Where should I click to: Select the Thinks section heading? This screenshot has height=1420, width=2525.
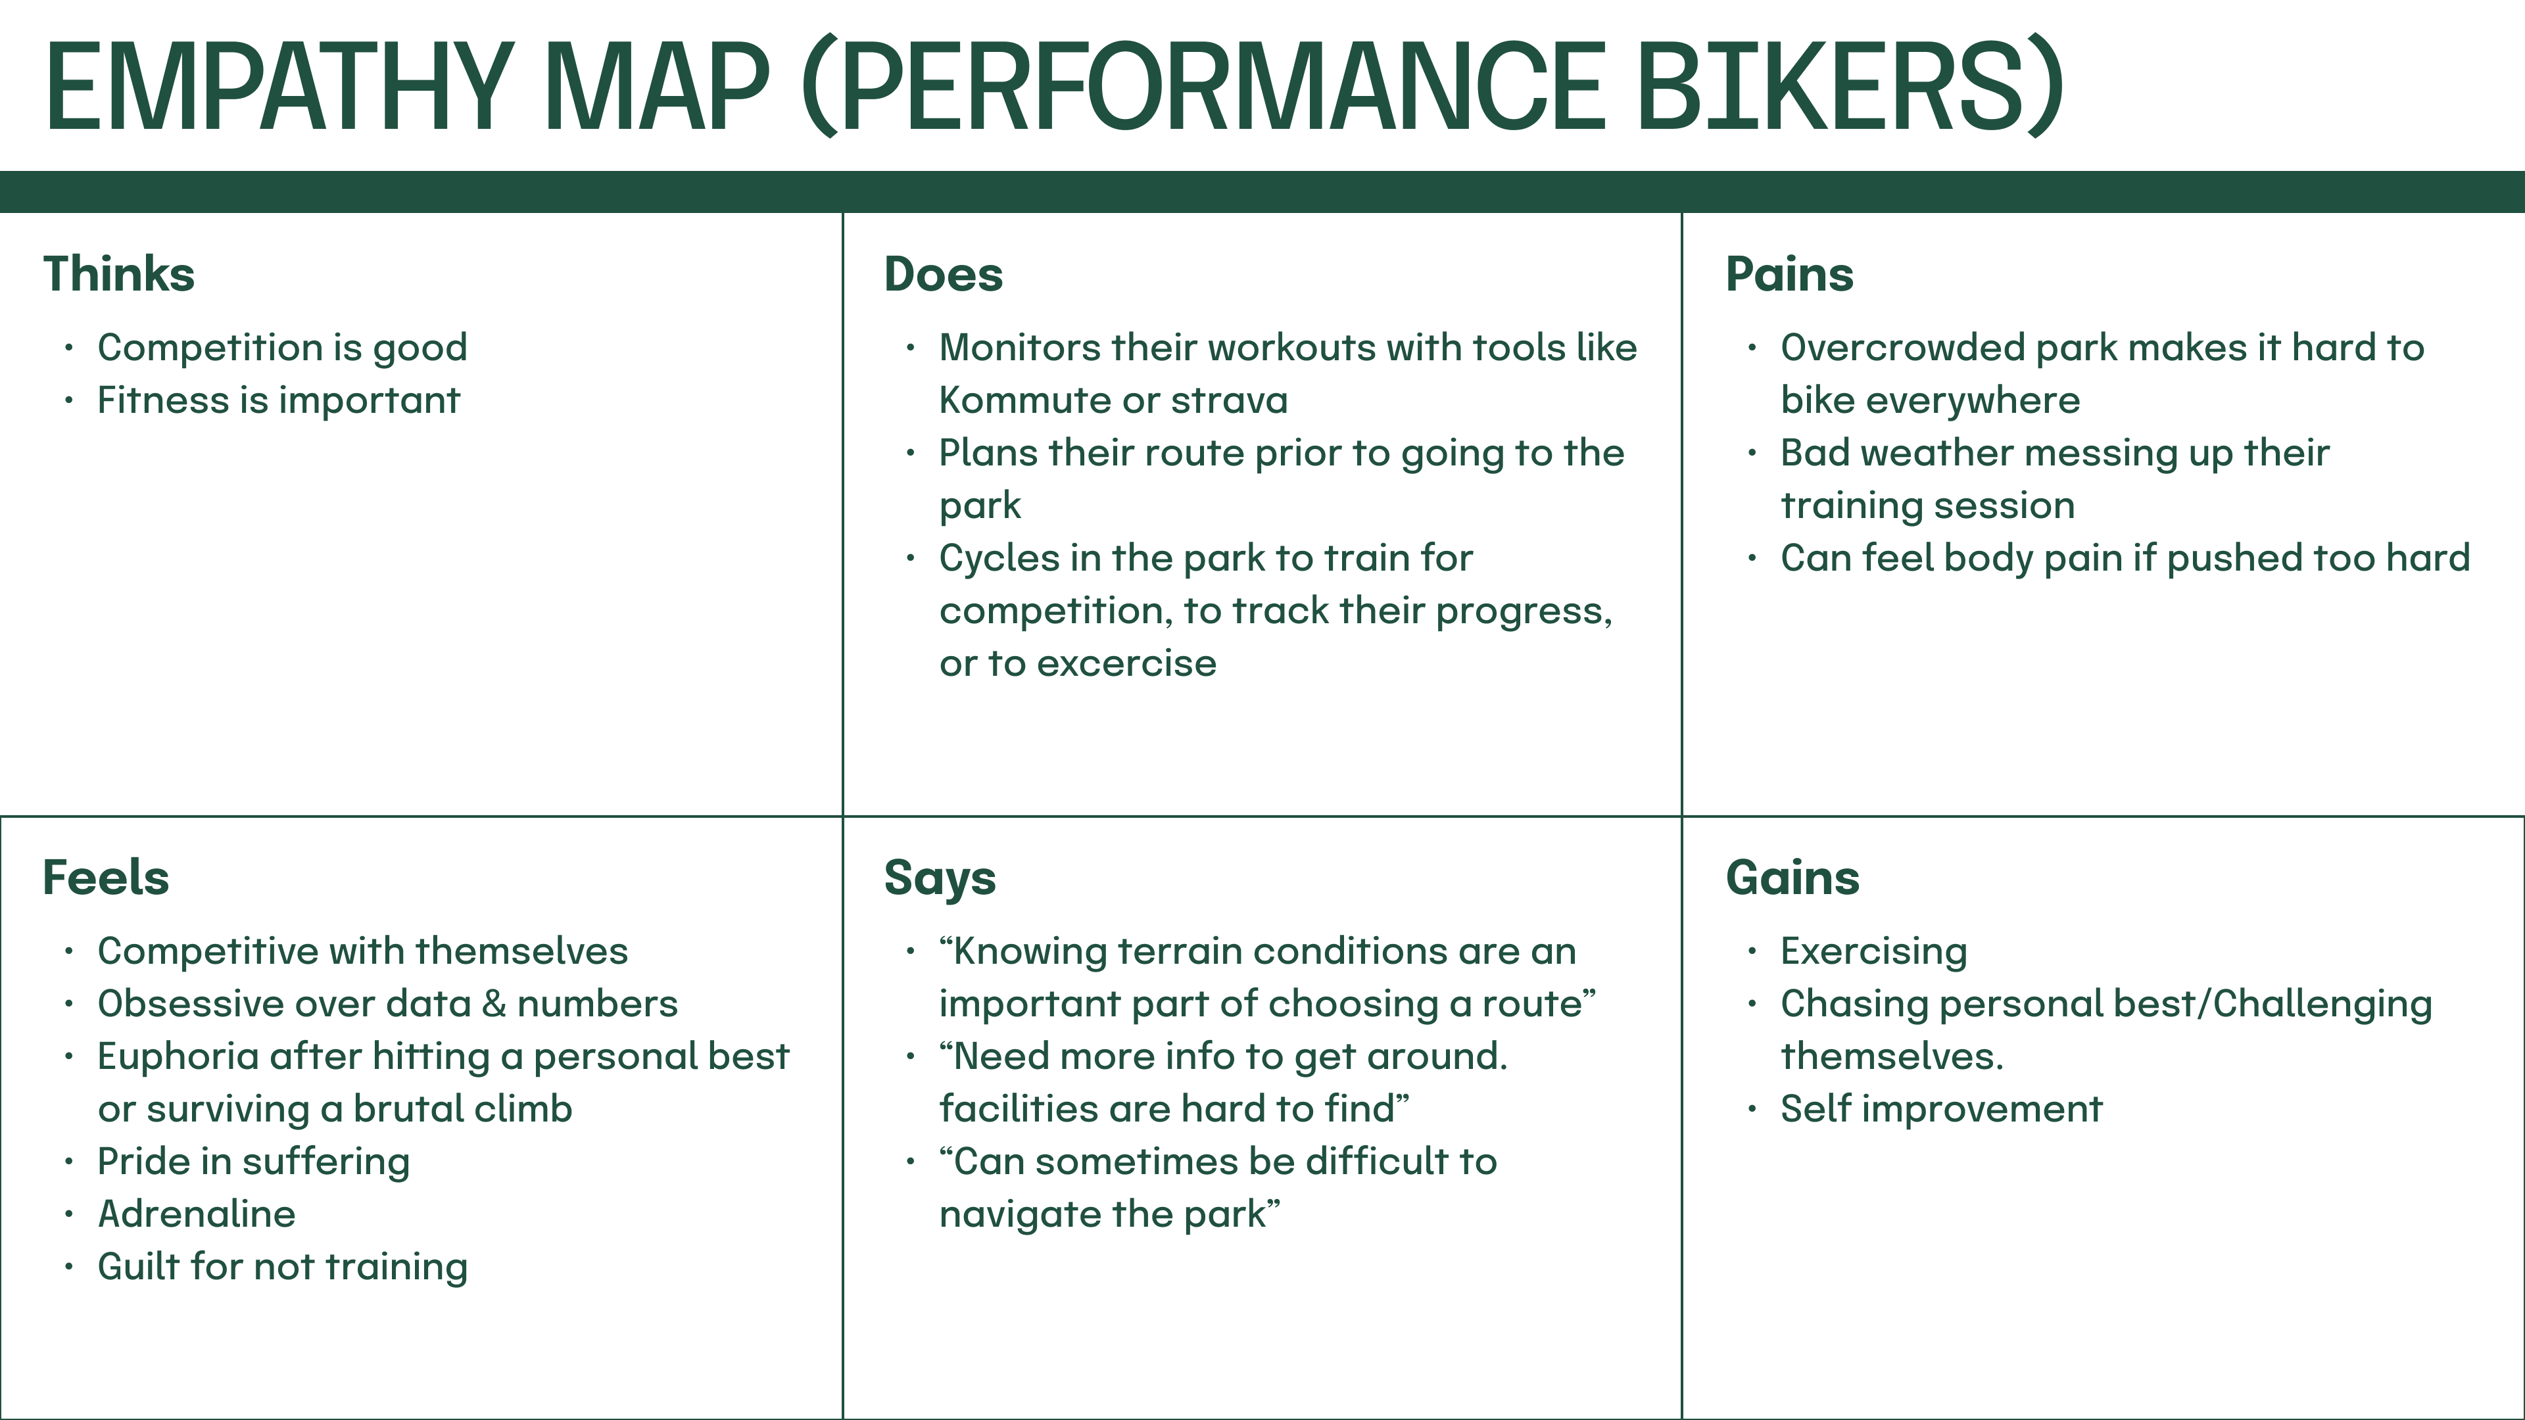coord(118,273)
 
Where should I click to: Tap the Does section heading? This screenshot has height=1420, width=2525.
coord(943,273)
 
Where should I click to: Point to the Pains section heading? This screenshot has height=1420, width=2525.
coord(1789,273)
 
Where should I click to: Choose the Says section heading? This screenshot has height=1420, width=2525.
coord(939,879)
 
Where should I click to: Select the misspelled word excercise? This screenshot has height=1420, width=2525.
coord(1126,663)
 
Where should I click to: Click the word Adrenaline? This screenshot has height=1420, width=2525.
coord(196,1214)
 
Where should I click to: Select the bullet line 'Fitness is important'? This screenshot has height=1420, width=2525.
coord(278,401)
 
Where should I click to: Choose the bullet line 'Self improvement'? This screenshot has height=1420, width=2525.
coord(1941,1109)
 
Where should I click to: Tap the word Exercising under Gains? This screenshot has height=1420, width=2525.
coord(1873,951)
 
